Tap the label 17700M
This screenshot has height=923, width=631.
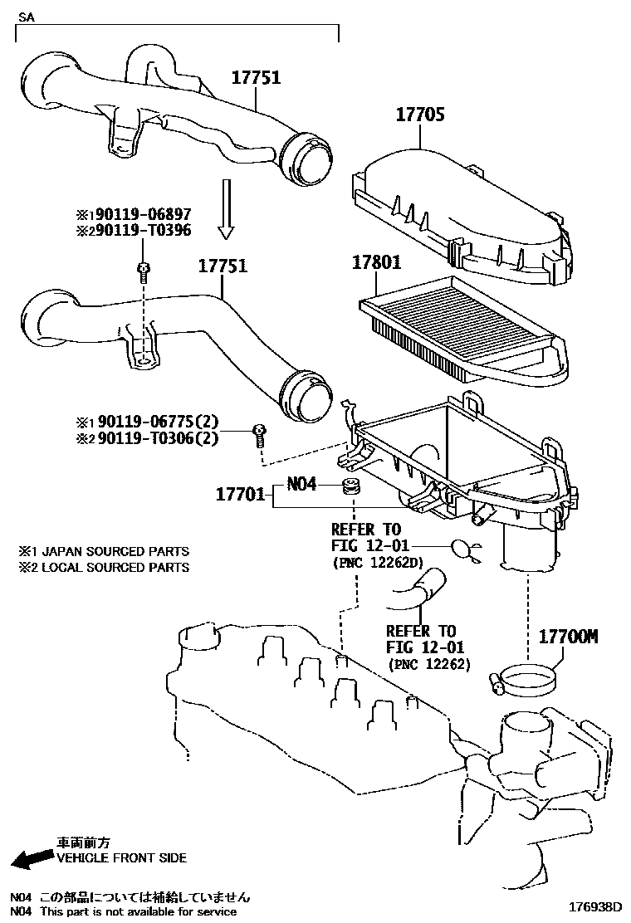point(569,637)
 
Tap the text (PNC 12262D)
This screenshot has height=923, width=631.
point(378,564)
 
